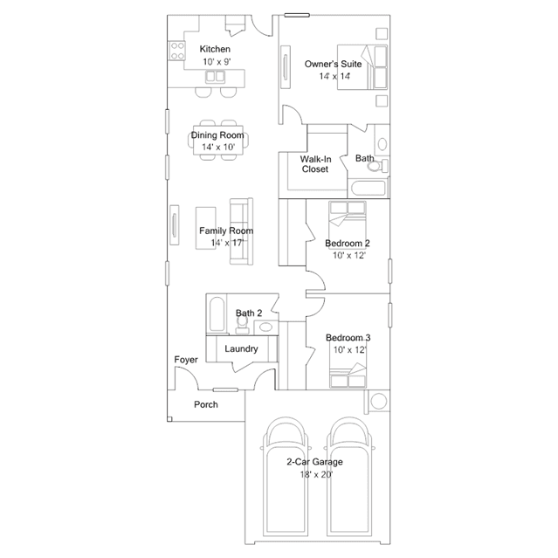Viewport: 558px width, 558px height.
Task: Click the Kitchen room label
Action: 215,49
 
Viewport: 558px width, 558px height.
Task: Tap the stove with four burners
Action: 177,51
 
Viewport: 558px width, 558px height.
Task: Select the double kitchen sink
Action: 215,76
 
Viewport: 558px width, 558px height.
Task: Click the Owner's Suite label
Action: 333,64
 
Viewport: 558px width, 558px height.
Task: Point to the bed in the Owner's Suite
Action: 362,67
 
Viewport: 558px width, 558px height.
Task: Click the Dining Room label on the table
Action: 217,135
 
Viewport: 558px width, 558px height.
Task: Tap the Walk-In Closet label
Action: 315,164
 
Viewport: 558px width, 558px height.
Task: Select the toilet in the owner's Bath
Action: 377,166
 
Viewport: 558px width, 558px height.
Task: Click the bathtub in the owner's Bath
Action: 369,189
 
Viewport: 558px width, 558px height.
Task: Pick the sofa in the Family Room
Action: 241,231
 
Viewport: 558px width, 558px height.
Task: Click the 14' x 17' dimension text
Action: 227,243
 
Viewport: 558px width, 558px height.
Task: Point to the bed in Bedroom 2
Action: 348,219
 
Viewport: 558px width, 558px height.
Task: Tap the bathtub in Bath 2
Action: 217,313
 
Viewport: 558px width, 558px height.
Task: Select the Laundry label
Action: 241,348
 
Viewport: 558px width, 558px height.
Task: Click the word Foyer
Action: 186,360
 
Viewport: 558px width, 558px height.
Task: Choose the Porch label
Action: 206,404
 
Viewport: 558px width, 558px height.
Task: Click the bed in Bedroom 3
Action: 348,375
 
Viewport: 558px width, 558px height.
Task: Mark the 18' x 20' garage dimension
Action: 316,475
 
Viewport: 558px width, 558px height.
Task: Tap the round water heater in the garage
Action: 379,402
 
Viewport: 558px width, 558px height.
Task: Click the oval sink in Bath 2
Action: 265,327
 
